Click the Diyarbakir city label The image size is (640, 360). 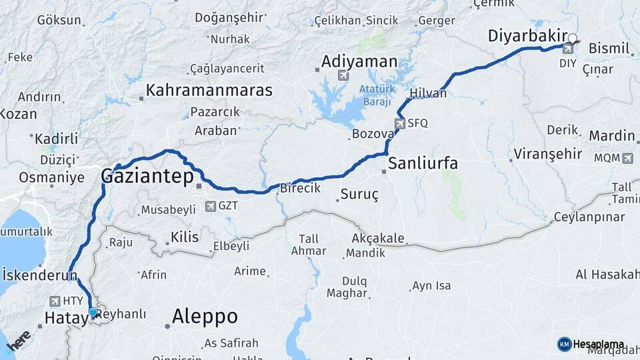[x=527, y=36]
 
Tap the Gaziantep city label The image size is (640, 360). [x=147, y=176]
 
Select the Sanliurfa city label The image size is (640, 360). [x=423, y=163]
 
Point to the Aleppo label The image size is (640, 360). [x=205, y=317]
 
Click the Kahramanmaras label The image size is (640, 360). [x=209, y=90]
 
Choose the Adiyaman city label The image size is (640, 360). [x=359, y=62]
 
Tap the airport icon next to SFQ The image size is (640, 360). [x=399, y=123]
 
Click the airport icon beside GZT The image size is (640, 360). [x=211, y=207]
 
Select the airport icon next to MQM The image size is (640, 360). [x=627, y=158]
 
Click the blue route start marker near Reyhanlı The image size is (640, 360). [x=93, y=312]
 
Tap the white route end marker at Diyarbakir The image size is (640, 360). [x=572, y=39]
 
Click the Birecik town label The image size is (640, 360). [x=299, y=189]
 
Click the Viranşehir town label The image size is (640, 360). [x=547, y=155]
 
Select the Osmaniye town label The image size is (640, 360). [x=51, y=178]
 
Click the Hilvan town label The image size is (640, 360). [x=429, y=94]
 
